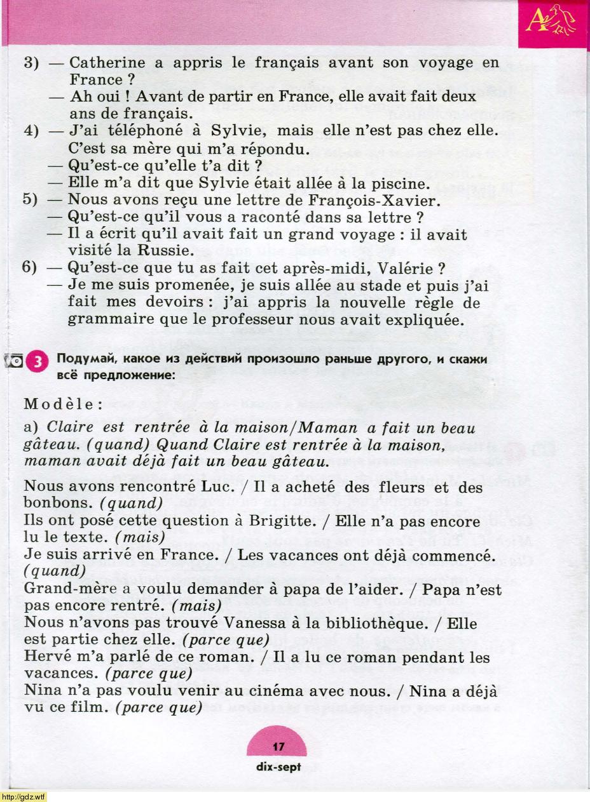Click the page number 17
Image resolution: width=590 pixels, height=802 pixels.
click(x=278, y=747)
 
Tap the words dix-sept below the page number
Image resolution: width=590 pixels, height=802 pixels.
click(x=278, y=766)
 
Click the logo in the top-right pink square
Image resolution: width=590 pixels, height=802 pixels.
click(x=554, y=23)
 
